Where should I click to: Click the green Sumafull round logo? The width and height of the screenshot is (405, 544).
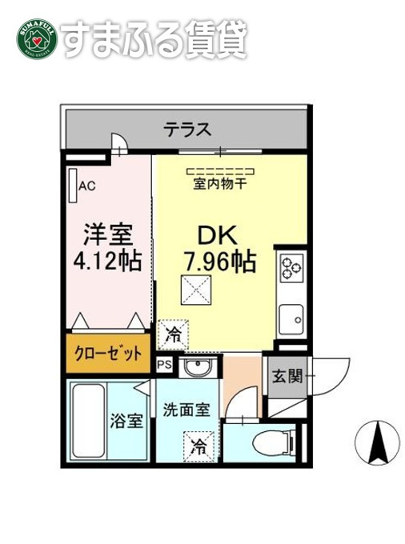(37, 39)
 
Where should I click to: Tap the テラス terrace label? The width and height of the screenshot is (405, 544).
(187, 130)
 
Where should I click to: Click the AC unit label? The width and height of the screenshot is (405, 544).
(86, 186)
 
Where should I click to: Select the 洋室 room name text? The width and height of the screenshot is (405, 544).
(108, 234)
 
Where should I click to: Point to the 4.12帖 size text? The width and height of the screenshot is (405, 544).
(107, 261)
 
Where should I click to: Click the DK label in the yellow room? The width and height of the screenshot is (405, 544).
(218, 235)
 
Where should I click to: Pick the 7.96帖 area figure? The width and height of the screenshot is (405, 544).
(220, 262)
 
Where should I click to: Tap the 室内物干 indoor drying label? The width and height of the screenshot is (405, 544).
(219, 184)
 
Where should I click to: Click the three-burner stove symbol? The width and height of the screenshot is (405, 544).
(291, 267)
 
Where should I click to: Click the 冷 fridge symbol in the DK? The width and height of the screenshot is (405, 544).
(173, 334)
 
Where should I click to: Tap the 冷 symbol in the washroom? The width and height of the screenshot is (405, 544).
(198, 446)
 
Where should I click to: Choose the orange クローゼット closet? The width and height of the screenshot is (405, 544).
(108, 353)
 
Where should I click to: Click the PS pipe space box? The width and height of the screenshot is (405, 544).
(165, 365)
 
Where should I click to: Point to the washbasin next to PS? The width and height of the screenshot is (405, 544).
(198, 367)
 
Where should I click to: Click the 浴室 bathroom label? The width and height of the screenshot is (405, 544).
(126, 421)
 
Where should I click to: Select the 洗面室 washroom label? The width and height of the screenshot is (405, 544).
(186, 410)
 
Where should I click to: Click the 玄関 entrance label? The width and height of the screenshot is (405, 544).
(287, 376)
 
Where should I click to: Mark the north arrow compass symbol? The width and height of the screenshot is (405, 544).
(376, 442)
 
